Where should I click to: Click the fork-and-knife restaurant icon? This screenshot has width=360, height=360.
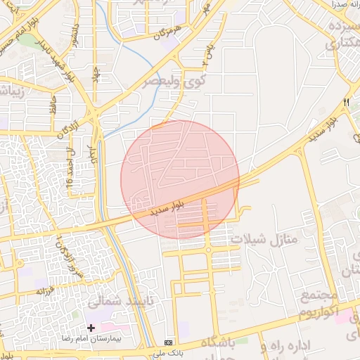click(346, 103)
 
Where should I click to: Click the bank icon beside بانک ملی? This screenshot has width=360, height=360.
click(167, 341)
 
